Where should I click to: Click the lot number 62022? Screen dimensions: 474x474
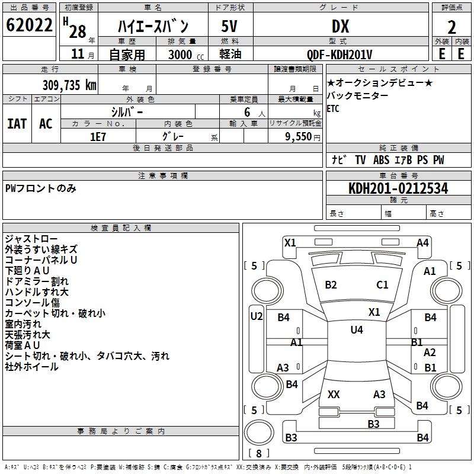click(28, 26)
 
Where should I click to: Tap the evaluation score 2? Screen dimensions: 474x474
click(451, 27)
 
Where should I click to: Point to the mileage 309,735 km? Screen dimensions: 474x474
click(69, 85)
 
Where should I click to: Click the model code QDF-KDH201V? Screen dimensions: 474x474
click(340, 55)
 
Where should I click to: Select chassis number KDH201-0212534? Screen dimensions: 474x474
click(398, 188)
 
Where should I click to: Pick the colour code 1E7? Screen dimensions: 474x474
click(98, 136)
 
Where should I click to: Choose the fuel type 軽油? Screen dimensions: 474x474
click(230, 55)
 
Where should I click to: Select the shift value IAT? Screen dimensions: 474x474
click(17, 124)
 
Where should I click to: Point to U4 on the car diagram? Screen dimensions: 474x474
click(356, 330)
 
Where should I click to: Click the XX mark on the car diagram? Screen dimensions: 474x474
click(334, 394)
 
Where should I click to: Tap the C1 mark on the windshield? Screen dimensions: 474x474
click(382, 285)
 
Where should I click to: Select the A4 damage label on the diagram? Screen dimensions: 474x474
click(422, 242)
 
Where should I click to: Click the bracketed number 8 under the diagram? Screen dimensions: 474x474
click(258, 453)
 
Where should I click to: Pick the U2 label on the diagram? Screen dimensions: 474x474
click(256, 316)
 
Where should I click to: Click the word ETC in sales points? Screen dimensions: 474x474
click(333, 108)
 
